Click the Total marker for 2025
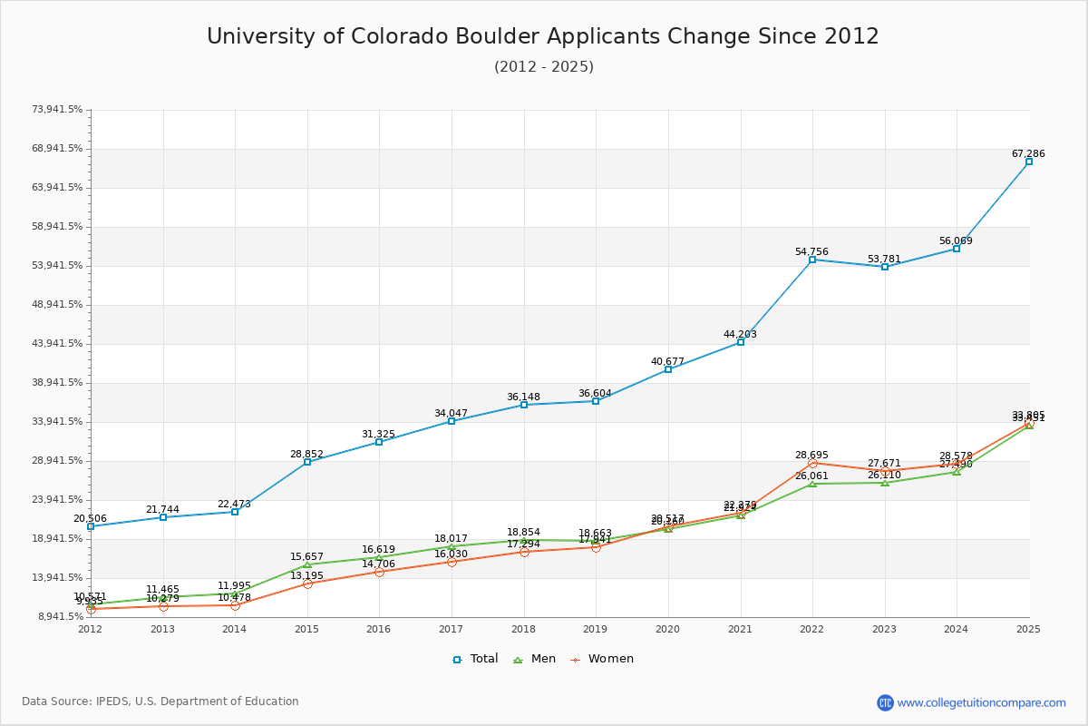click(1028, 162)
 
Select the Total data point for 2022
click(812, 260)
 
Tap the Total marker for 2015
click(307, 462)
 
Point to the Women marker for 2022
click(812, 464)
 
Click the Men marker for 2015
click(307, 564)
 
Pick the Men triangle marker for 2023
click(884, 483)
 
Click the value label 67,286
click(1028, 154)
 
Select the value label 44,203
click(740, 335)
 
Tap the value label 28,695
click(812, 455)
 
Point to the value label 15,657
click(307, 557)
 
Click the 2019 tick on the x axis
click(596, 628)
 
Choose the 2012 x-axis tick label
click(90, 628)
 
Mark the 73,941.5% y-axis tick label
click(57, 110)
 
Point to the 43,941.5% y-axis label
click(57, 344)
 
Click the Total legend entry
click(476, 659)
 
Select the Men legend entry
click(536, 659)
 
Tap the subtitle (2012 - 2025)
click(544, 66)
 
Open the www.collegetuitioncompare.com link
click(981, 702)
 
